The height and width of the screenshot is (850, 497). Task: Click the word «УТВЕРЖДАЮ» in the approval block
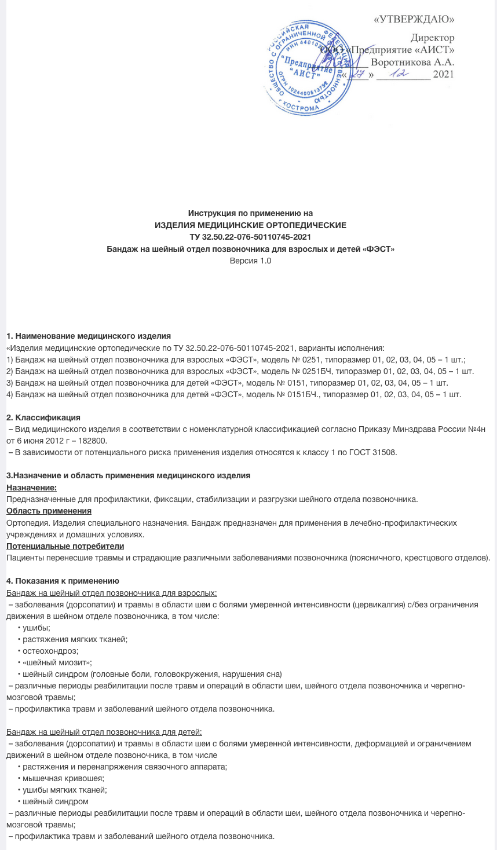(414, 19)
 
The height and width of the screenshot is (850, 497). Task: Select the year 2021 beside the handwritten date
(443, 74)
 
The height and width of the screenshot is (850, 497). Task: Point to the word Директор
(432, 38)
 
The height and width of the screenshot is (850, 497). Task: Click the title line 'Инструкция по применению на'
(250, 213)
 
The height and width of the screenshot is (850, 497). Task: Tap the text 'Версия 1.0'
(250, 261)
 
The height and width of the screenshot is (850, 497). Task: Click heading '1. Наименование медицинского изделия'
(89, 336)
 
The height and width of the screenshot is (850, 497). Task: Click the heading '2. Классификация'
(43, 417)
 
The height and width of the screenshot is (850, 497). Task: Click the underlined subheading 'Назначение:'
(31, 488)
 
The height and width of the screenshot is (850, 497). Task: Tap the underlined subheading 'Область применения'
(49, 511)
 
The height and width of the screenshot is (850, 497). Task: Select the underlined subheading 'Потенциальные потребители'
(65, 545)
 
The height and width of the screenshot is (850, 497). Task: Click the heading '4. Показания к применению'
(63, 581)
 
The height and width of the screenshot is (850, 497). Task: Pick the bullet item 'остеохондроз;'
(50, 651)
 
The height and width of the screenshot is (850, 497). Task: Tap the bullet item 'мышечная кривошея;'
(63, 778)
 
